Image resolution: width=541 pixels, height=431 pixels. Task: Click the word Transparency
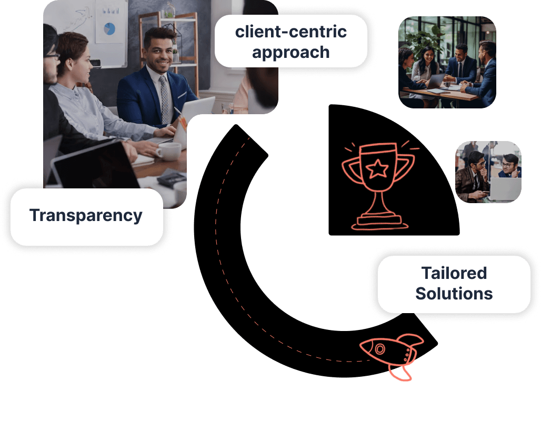[x=86, y=216]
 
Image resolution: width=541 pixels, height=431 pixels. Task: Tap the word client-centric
[x=291, y=32]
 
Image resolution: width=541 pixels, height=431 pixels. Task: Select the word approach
[x=291, y=53]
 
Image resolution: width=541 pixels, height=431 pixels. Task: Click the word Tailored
[x=454, y=273]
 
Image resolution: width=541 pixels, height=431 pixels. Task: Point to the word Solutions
[x=454, y=294]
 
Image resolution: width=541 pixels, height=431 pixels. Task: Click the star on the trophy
[x=377, y=168]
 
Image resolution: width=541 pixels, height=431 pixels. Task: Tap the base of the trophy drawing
[x=380, y=223]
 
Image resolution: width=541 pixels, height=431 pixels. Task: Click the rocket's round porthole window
[x=380, y=349]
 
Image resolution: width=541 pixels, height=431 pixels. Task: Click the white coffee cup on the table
[x=169, y=152]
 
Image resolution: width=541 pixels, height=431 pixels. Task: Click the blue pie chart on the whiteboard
[x=109, y=29]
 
